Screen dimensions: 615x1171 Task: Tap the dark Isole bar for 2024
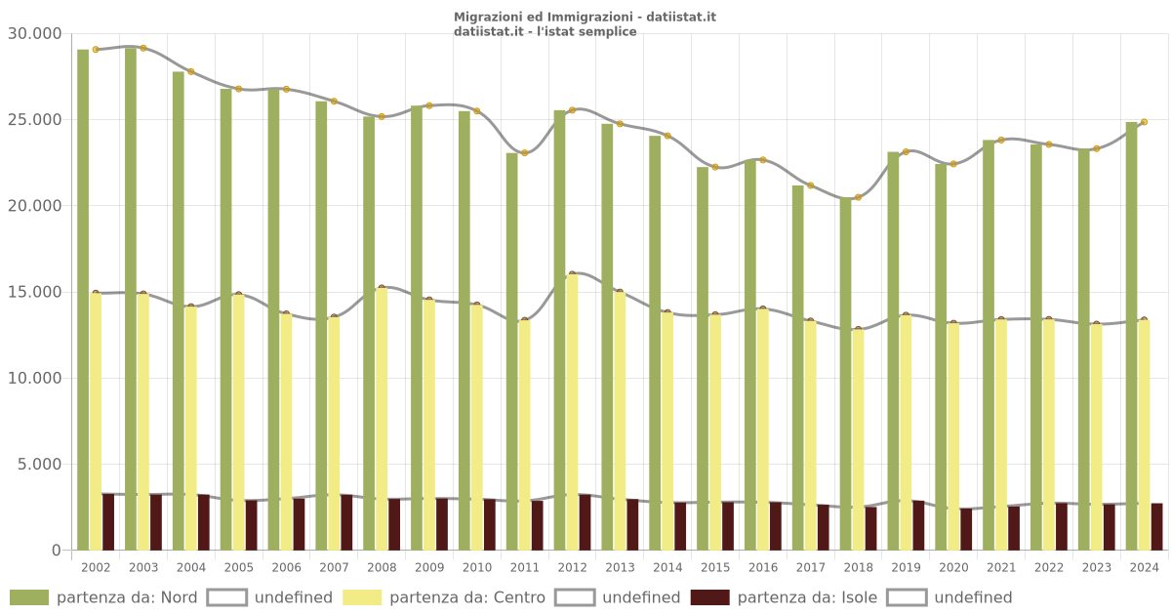tap(1156, 527)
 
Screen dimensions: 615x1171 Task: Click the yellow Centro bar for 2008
tap(382, 419)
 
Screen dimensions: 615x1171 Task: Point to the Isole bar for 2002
tap(108, 522)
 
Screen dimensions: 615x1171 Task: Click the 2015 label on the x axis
tap(715, 567)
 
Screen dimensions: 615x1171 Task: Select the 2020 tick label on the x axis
tap(953, 567)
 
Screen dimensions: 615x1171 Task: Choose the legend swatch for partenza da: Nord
tap(29, 597)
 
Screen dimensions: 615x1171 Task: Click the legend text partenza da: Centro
tap(467, 597)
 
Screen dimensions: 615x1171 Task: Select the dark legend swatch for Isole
tap(709, 597)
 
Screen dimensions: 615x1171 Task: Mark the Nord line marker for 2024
tap(1144, 122)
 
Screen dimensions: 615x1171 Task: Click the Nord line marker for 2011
tap(525, 153)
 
